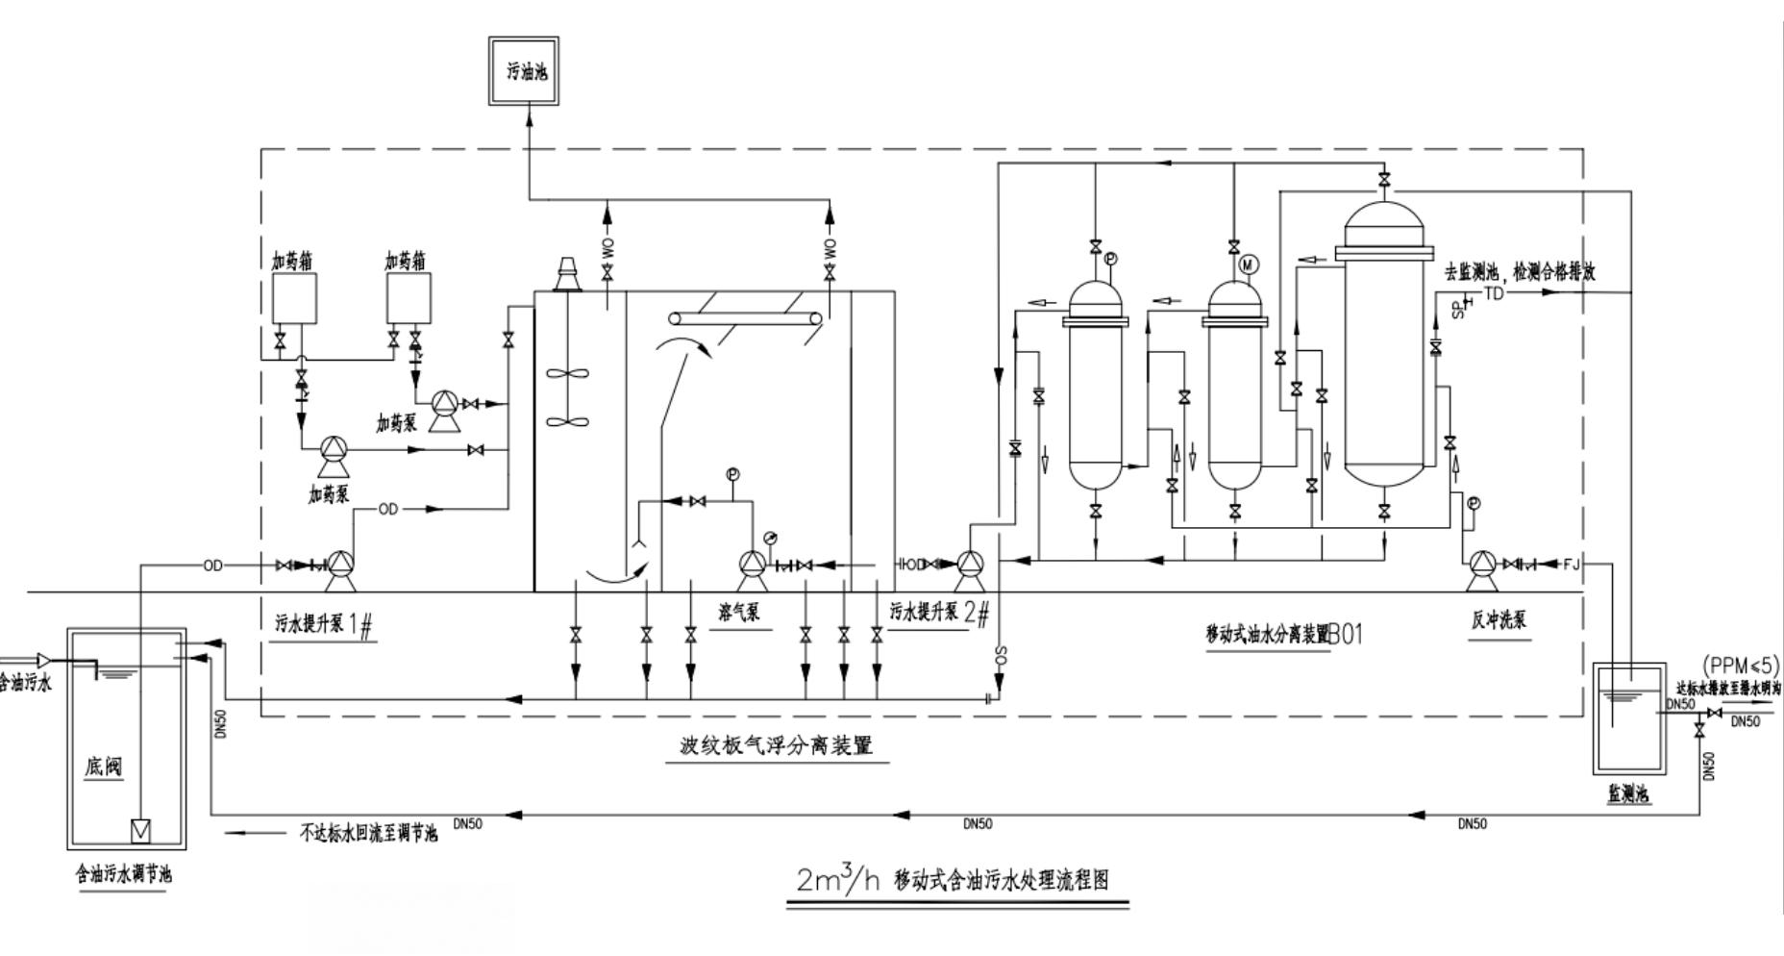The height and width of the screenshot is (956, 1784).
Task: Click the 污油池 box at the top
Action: tap(524, 71)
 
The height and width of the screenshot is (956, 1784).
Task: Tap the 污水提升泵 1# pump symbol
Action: tap(339, 566)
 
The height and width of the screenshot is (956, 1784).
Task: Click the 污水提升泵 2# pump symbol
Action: tap(967, 565)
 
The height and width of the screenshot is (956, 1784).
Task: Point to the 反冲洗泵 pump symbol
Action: tap(1482, 565)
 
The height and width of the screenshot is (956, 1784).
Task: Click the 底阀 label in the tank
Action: tap(104, 767)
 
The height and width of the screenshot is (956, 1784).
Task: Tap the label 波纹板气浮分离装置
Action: tap(776, 745)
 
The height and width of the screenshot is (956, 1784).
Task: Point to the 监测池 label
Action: tap(1628, 794)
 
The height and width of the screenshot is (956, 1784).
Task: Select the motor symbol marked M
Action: tap(1250, 264)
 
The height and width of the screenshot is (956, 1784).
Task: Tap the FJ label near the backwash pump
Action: tap(1572, 564)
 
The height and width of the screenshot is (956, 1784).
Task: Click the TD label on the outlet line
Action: tap(1494, 293)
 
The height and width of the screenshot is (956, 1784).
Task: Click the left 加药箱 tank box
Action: tap(293, 298)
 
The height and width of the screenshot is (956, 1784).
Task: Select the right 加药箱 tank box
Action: tap(409, 298)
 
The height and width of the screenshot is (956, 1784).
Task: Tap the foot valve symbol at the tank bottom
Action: tap(140, 828)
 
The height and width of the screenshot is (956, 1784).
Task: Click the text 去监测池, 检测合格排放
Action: tap(1520, 272)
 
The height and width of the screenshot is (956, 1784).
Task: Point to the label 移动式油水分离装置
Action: tap(1267, 634)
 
